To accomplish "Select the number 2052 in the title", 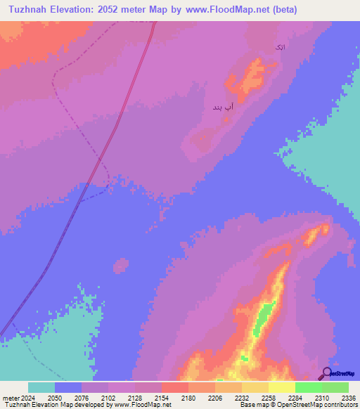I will tap(124, 10).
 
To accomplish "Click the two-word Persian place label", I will tap(222, 108).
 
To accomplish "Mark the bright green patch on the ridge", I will tap(264, 314).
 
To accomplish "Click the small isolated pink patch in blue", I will tap(121, 266).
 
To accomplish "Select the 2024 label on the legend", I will tap(25, 397).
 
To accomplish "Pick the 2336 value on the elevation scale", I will tap(348, 397).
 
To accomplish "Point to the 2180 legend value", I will tap(188, 397).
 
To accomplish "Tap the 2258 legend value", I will tap(268, 397).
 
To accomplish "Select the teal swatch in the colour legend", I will tap(41, 387).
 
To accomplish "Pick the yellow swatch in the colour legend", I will tap(281, 387).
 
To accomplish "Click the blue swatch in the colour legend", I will tap(68, 387).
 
